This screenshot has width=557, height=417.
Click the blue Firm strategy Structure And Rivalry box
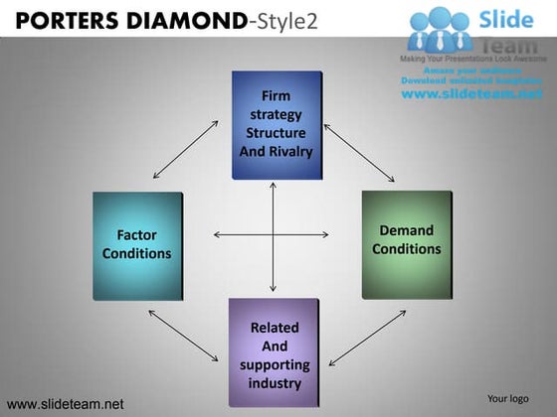coord(278,125)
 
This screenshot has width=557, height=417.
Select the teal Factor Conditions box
coord(137,245)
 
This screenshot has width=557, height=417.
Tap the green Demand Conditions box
coord(406,245)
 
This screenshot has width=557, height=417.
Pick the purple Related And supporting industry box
coord(274,352)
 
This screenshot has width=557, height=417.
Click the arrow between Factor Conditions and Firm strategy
coord(186,150)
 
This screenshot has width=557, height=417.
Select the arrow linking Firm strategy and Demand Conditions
coord(360,154)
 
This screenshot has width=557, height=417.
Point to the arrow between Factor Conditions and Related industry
coord(184,336)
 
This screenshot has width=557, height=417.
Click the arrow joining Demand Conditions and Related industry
coord(367,338)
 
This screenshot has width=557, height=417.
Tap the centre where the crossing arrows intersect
coord(274,235)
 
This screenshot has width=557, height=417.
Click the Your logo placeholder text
coord(507,399)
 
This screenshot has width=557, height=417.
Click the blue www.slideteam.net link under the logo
coord(471,93)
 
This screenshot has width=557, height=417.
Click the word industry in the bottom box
coord(274,383)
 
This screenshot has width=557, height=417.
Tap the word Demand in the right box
coord(406,230)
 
